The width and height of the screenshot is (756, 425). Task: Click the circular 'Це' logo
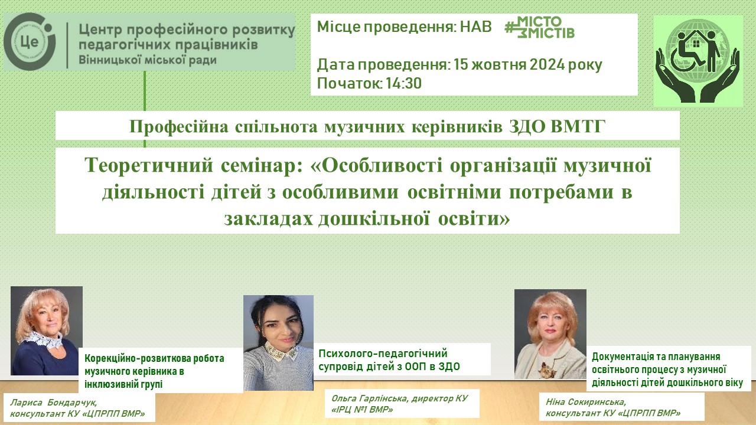30,41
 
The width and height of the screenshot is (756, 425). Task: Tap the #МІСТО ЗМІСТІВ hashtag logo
539,27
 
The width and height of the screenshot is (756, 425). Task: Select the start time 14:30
404,83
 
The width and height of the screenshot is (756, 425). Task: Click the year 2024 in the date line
547,64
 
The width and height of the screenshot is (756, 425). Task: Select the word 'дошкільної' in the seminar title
374,219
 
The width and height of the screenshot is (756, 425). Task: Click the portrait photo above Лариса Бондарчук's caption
47,331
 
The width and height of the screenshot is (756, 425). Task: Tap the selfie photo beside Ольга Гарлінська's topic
278,343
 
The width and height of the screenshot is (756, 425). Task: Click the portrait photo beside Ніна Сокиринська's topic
550,334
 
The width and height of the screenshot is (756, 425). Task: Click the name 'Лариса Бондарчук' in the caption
54,403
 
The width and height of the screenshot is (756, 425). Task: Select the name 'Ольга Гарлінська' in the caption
369,398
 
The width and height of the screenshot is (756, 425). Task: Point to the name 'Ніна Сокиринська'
586,402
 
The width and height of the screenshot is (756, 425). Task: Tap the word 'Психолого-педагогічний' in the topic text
383,354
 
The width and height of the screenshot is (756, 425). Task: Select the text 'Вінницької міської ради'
148,60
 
